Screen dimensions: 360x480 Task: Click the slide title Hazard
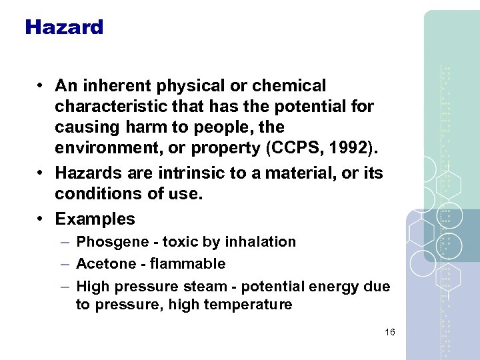click(x=64, y=27)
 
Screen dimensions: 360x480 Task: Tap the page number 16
click(x=389, y=332)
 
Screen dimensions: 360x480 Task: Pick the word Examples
click(x=95, y=219)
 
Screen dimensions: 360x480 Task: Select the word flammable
click(x=189, y=264)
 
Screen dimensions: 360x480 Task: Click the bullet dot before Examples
click(x=41, y=219)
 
